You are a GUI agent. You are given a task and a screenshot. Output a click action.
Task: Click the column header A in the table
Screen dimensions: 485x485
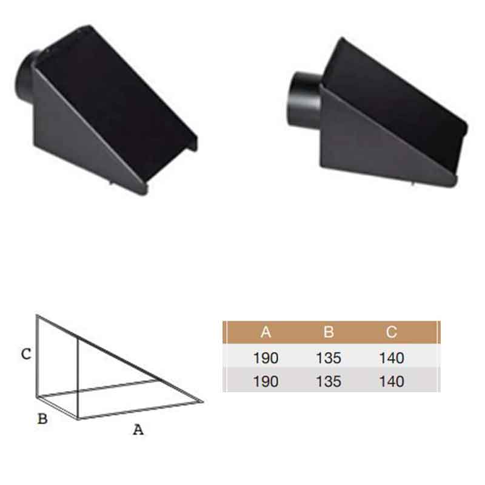[x=266, y=332]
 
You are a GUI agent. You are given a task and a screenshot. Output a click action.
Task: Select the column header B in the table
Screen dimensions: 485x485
[x=329, y=332]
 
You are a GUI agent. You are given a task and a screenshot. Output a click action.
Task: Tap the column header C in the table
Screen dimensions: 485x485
[x=392, y=332]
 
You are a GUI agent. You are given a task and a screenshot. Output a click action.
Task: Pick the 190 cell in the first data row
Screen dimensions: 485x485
[x=266, y=358]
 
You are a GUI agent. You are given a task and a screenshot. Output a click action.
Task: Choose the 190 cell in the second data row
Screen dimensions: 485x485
[x=266, y=382]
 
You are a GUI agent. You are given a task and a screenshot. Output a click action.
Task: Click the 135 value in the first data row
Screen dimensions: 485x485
[x=329, y=358]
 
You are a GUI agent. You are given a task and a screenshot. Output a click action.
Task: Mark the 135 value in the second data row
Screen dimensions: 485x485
[x=329, y=382]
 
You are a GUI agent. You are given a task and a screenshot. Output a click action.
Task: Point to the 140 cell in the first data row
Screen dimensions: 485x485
[x=392, y=358]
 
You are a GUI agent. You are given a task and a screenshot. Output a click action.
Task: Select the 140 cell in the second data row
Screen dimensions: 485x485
[x=392, y=382]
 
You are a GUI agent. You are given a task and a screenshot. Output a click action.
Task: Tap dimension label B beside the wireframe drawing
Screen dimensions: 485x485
[x=42, y=418]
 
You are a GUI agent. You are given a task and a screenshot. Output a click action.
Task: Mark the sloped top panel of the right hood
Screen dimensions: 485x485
[x=394, y=91]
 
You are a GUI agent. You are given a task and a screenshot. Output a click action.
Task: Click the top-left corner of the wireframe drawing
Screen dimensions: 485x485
[x=36, y=315]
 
